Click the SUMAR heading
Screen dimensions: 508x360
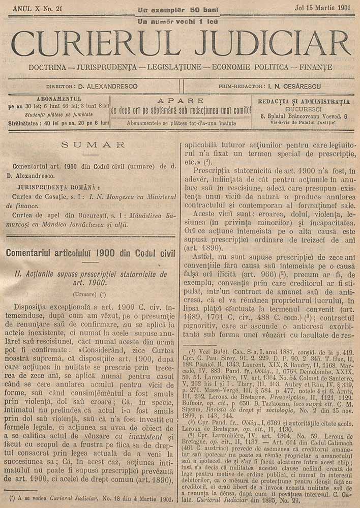(x=93, y=145)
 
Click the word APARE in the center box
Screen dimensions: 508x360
(x=181, y=101)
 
